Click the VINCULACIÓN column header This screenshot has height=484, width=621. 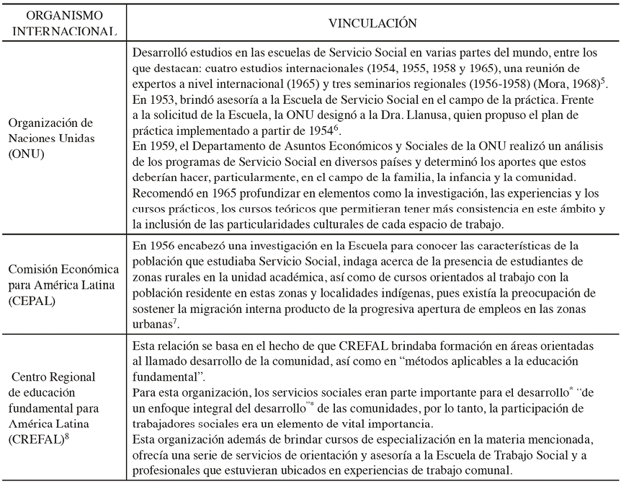point(372,23)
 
